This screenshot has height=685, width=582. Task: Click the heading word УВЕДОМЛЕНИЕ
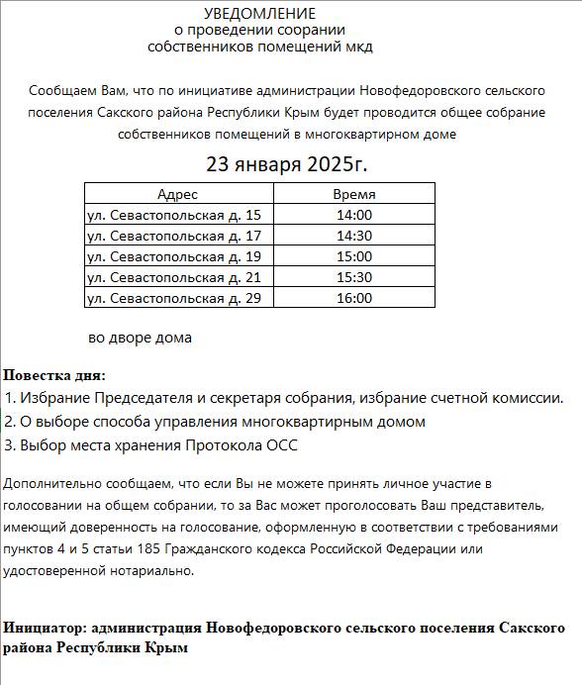(260, 14)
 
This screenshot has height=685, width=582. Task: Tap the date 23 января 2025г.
(285, 162)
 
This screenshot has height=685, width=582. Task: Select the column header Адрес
(177, 194)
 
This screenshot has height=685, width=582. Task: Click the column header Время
(353, 194)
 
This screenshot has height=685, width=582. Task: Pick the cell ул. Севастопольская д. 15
(174, 215)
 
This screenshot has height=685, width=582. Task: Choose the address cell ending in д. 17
(174, 236)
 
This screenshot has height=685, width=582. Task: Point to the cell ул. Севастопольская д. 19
(174, 256)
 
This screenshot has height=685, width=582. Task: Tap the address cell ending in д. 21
(174, 277)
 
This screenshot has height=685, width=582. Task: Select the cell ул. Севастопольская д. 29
(174, 298)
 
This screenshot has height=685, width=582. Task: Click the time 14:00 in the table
(353, 215)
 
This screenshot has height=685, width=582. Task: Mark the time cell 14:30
(353, 236)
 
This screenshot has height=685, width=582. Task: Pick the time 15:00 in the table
(353, 256)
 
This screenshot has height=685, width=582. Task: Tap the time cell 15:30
(353, 277)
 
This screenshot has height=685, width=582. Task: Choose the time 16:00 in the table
(353, 298)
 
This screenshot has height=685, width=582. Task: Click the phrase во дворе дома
(140, 338)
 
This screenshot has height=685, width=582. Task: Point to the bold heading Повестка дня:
(53, 376)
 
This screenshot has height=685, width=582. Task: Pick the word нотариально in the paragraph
(154, 570)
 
